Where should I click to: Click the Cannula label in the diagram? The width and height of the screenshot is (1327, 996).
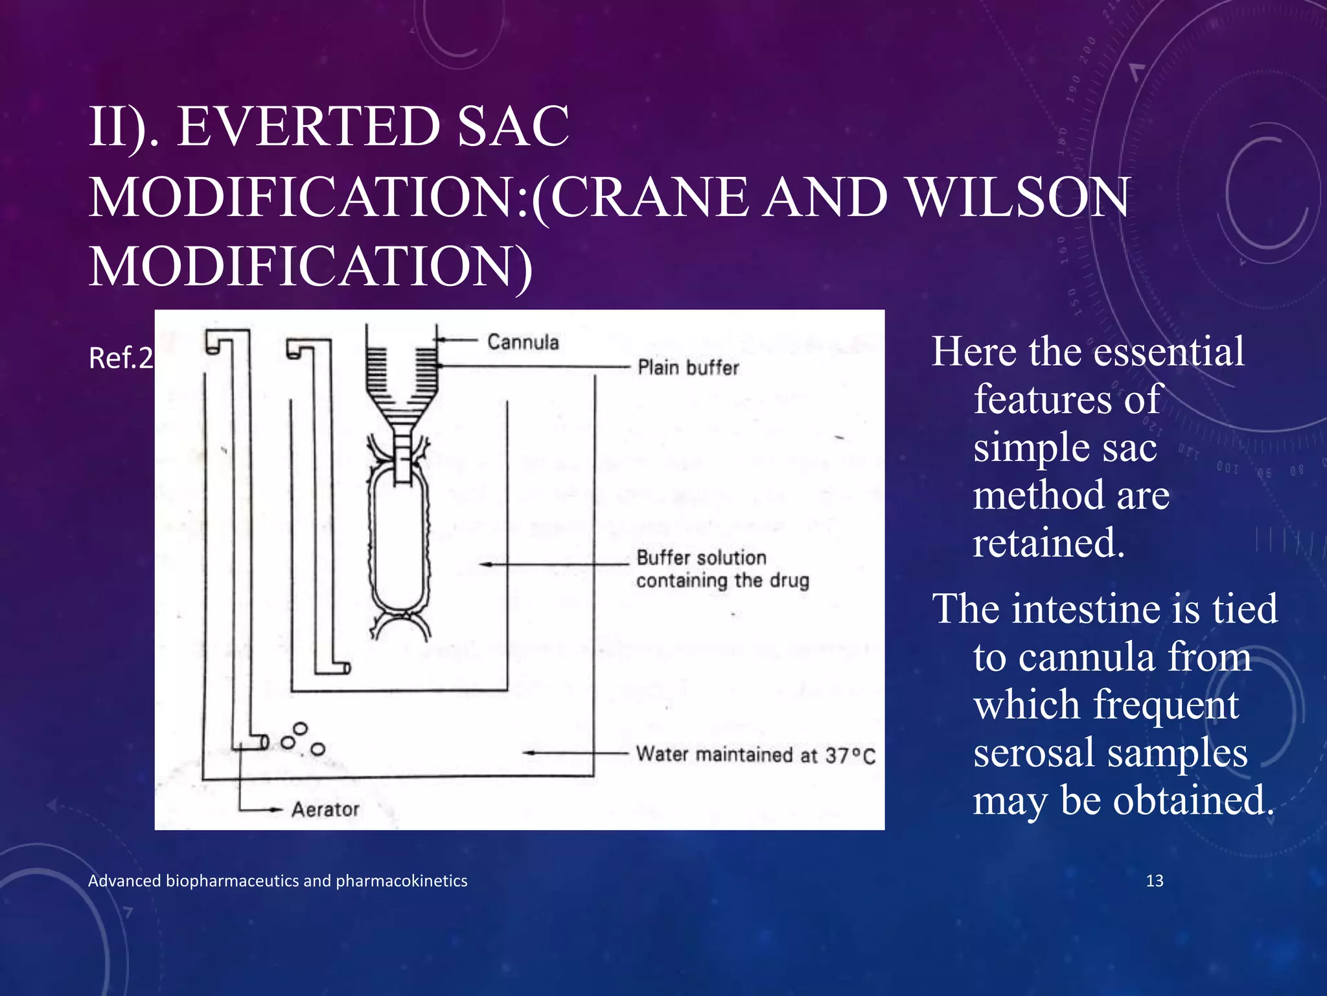[523, 342]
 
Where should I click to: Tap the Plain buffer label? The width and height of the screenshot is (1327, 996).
[688, 368]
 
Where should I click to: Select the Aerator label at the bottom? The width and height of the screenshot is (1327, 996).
[325, 809]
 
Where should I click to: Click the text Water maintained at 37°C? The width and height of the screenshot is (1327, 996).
[756, 755]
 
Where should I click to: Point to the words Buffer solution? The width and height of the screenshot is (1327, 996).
[701, 558]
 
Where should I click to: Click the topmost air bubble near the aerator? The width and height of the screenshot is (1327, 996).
[301, 729]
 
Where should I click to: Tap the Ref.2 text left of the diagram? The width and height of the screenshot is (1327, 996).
[121, 358]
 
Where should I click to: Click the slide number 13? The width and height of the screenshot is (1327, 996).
[1155, 881]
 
